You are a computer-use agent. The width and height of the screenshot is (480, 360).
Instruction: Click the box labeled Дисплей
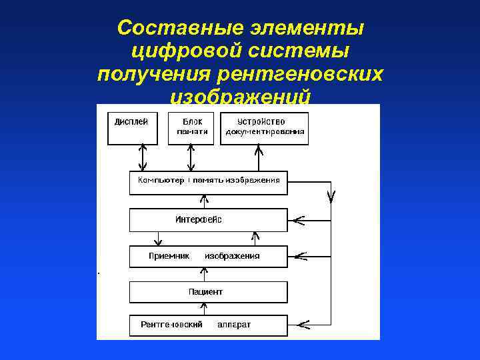click(x=133, y=128)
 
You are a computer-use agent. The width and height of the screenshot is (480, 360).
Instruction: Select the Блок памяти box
click(x=191, y=128)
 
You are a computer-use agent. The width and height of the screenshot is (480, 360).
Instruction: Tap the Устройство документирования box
click(x=264, y=128)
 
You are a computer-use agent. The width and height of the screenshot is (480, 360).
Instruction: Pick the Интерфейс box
click(x=208, y=220)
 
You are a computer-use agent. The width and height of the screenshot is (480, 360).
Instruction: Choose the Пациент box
click(x=208, y=292)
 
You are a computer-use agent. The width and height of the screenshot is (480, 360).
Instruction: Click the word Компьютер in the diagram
click(x=161, y=181)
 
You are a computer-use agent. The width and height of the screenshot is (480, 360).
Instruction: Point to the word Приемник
click(x=169, y=256)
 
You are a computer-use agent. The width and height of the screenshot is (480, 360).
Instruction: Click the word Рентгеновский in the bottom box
click(x=171, y=325)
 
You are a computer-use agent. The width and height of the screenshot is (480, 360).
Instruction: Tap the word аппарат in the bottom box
click(x=234, y=325)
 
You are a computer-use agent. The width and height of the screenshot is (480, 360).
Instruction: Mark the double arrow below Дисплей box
click(x=141, y=158)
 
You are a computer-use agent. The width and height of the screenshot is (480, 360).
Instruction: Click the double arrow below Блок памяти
click(x=191, y=158)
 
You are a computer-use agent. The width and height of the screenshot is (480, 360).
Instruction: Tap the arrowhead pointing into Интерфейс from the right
click(x=298, y=219)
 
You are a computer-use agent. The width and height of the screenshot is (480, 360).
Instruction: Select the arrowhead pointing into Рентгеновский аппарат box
click(x=301, y=325)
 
